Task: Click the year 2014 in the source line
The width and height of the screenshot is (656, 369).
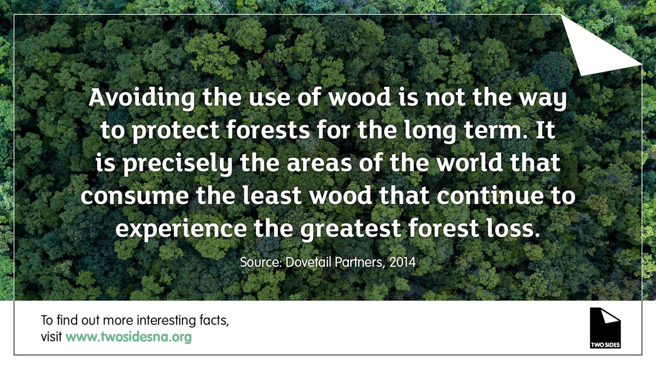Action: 404,262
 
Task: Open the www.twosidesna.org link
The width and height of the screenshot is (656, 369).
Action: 128,337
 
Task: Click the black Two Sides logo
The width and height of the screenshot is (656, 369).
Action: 605,328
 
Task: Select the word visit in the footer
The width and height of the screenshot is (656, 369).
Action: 51,337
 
